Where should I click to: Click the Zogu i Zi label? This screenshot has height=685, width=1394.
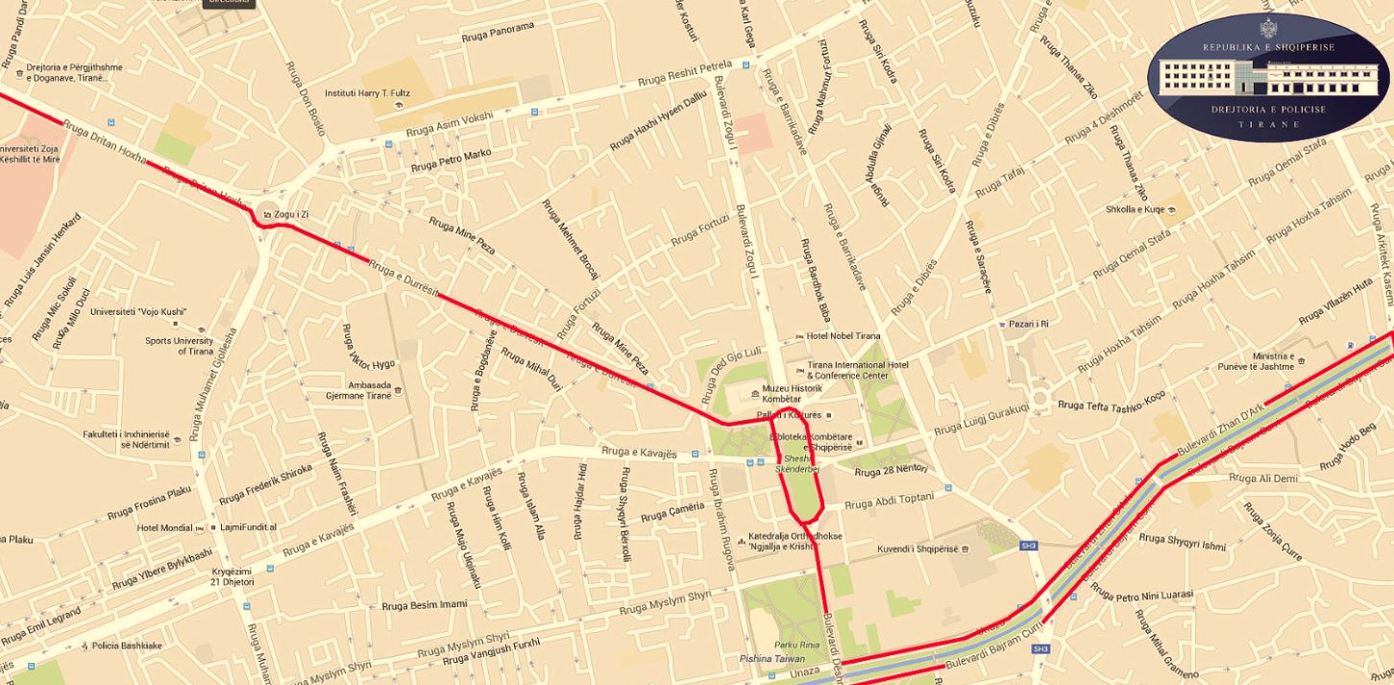click(291, 213)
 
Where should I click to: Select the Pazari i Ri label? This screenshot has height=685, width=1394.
click(1028, 324)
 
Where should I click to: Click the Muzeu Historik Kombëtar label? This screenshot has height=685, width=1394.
click(794, 393)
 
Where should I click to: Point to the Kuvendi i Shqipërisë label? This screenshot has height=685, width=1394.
click(917, 550)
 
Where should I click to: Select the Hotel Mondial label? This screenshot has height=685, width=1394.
click(164, 527)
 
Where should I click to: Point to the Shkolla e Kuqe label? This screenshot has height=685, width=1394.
click(1135, 209)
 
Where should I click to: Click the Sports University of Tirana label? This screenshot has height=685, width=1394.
click(180, 346)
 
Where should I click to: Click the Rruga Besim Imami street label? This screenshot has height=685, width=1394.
click(424, 605)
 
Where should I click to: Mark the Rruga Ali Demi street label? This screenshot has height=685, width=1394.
click(1262, 478)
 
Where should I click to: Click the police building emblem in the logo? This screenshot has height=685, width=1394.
click(1268, 79)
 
